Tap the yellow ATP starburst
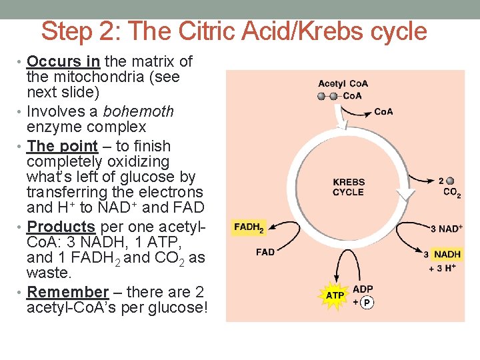point(335,295)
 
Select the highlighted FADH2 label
point(249,228)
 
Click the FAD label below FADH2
point(265,252)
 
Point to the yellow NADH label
point(447,255)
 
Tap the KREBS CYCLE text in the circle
point(349,187)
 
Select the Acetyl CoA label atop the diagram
point(343,84)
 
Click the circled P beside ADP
point(366,303)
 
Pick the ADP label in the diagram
point(363,289)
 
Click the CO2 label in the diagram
point(451,193)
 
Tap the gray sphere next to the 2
point(451,181)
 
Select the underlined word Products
point(61,227)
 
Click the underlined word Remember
point(67,292)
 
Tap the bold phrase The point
point(62,146)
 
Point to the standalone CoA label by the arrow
point(383,111)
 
